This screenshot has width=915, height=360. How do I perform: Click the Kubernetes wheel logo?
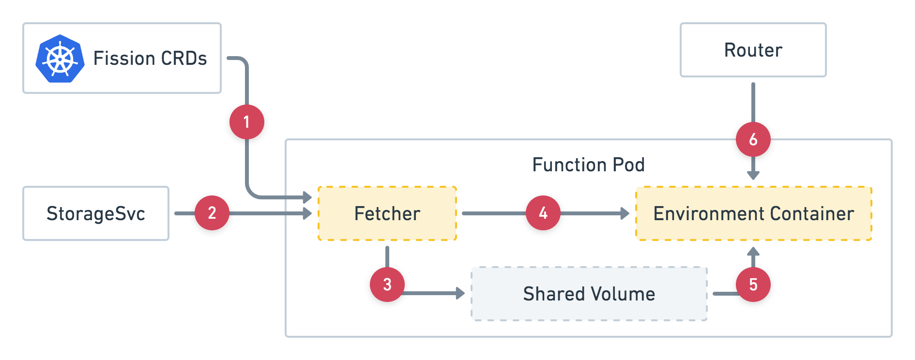pos(60,59)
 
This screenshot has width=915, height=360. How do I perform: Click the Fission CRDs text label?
pos(150,59)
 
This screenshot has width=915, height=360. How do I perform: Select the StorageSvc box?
pos(96,213)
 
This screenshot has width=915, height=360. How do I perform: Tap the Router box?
pos(753,50)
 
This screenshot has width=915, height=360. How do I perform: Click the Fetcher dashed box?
pos(387,213)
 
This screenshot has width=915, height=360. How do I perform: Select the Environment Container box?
pos(753,213)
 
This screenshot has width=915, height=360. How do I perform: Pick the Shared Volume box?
pos(589,294)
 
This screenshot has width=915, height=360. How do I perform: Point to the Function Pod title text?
pos(588,165)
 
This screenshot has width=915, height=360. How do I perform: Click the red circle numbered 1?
pos(247,122)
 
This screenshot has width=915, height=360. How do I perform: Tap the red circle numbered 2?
pos(212,213)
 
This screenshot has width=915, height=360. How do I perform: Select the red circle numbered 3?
pos(387,285)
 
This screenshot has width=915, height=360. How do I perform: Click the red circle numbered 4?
pos(543,213)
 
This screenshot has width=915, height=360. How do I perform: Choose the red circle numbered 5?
pos(753,285)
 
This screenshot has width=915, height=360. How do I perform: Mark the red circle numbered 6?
pos(753,139)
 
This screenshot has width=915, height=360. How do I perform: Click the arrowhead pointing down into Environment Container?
pos(753,175)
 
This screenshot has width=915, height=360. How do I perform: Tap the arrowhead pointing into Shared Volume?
pos(460,293)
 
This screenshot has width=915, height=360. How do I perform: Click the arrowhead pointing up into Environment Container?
pos(753,252)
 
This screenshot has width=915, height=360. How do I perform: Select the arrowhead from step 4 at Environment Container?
pos(625,213)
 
